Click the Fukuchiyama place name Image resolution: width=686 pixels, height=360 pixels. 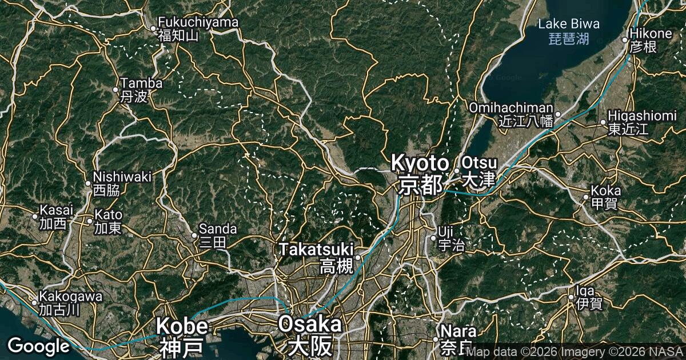click(x=198, y=23)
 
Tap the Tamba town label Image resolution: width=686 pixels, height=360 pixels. click(x=141, y=83)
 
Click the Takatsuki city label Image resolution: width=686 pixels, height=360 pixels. click(x=316, y=249)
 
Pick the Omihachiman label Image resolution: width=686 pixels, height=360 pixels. click(x=511, y=108)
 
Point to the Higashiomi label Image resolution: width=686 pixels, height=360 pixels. click(x=642, y=116)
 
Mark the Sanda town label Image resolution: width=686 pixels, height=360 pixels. click(x=213, y=229)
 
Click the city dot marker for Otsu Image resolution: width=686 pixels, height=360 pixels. click(x=457, y=170)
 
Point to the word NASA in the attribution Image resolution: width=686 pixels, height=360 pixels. click(x=668, y=352)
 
